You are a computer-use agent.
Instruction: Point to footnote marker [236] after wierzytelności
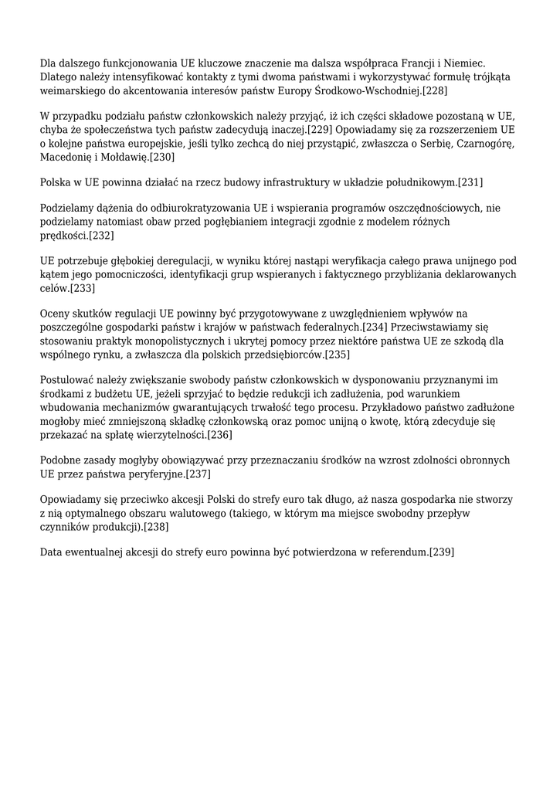(x=219, y=436)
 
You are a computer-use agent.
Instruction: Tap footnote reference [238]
(x=155, y=527)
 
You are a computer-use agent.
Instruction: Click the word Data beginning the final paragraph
(x=53, y=552)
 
